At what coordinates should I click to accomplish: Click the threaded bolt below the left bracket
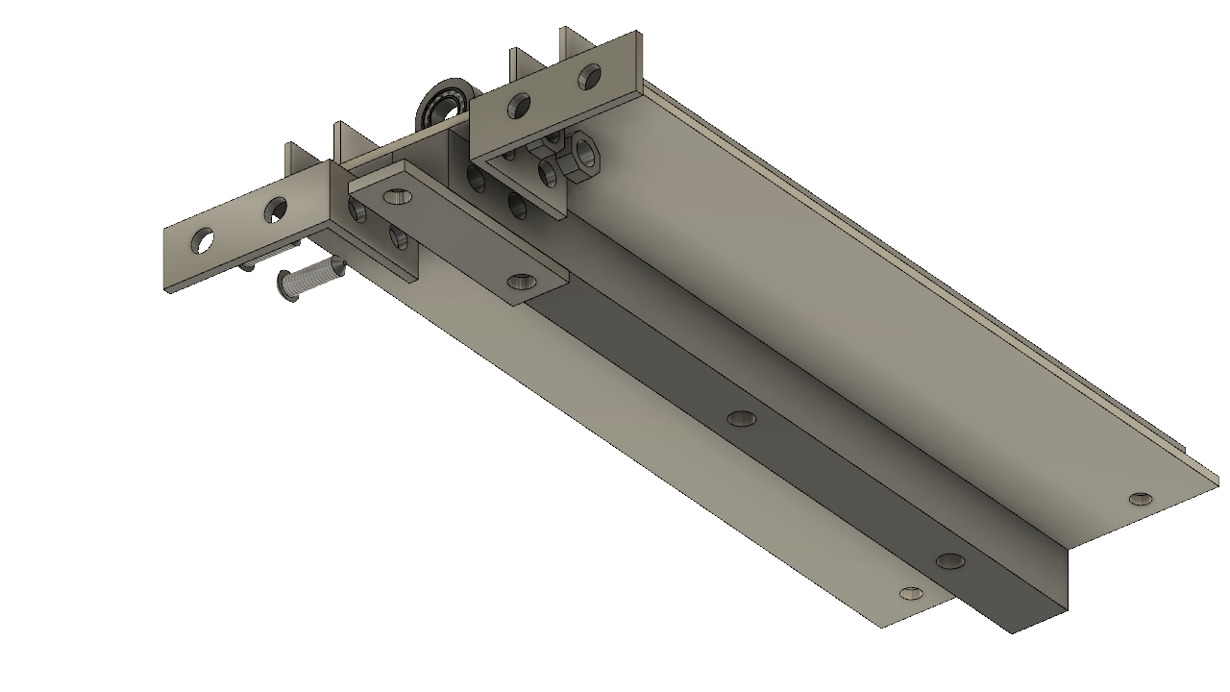point(312,279)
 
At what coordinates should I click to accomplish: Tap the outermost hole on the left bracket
point(203,240)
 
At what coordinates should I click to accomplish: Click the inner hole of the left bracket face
point(276,209)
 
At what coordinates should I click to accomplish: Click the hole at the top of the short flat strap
point(396,196)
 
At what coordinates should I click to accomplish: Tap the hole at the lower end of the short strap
point(522,282)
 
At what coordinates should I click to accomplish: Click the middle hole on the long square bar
point(741,418)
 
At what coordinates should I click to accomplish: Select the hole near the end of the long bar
point(949,560)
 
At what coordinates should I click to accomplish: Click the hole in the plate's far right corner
point(1141,499)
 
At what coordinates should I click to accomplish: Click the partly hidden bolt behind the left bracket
point(248,263)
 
